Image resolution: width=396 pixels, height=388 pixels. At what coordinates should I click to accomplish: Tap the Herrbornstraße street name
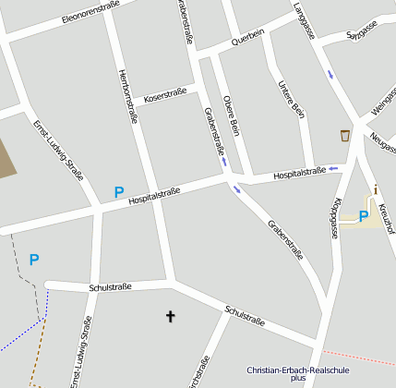[x=128, y=97]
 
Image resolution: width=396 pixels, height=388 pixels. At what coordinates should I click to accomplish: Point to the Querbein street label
[x=247, y=36]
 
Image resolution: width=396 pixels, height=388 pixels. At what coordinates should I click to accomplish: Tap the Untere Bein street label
[x=291, y=100]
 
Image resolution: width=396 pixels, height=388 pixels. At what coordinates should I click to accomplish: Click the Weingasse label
[x=382, y=103]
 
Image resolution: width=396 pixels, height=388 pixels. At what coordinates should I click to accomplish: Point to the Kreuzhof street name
[x=389, y=215]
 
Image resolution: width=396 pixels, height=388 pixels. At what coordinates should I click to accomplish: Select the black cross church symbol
[x=170, y=317]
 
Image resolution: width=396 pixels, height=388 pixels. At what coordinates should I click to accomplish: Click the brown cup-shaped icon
[x=345, y=136]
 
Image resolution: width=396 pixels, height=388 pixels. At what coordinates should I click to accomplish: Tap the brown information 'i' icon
[x=376, y=190]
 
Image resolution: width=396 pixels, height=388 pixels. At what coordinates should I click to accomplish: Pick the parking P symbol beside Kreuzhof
[x=363, y=216]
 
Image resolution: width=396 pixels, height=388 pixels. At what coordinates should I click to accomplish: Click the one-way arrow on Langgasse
[x=330, y=74]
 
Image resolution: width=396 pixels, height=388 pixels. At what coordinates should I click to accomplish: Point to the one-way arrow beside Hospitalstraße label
[x=332, y=169]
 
